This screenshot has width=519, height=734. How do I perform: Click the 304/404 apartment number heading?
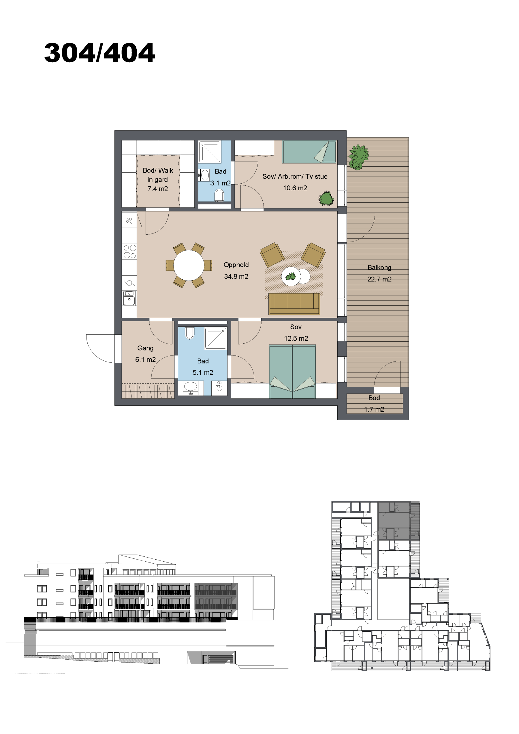click(x=99, y=52)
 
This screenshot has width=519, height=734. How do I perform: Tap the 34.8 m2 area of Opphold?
click(x=236, y=276)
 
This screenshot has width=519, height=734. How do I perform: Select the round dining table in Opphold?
click(x=189, y=265)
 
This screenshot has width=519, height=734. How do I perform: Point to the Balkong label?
click(x=379, y=268)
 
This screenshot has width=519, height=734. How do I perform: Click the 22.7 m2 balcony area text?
click(x=379, y=279)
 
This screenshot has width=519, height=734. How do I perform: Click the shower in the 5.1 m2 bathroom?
click(x=216, y=338)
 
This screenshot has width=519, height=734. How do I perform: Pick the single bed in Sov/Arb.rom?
click(x=309, y=152)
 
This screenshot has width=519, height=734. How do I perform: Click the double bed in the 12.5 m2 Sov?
click(x=293, y=372)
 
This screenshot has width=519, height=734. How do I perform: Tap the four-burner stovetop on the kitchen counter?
click(x=129, y=252)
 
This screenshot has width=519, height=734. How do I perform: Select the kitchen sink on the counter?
click(x=129, y=298)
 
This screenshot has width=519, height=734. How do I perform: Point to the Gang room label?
click(x=146, y=348)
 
